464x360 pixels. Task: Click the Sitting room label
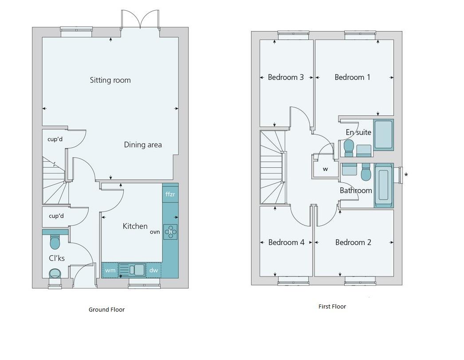pyautogui.click(x=110, y=80)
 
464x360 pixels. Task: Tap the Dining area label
pyautogui.click(x=143, y=145)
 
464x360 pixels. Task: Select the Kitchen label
pyautogui.click(x=135, y=226)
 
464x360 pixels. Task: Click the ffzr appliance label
pyautogui.click(x=170, y=194)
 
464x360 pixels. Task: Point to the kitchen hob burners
pyautogui.click(x=170, y=232)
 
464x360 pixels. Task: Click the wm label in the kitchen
pyautogui.click(x=110, y=270)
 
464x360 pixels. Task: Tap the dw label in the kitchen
pyautogui.click(x=153, y=270)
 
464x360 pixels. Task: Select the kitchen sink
pyautogui.click(x=132, y=270)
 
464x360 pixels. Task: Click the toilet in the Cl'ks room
pyautogui.click(x=55, y=241)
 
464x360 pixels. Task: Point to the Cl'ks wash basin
pyautogui.click(x=55, y=273)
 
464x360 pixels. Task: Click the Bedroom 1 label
pyautogui.click(x=352, y=77)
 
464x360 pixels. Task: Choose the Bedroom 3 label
pyautogui.click(x=286, y=77)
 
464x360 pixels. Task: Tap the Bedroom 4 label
pyautogui.click(x=286, y=242)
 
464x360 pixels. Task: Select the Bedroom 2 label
pyautogui.click(x=353, y=242)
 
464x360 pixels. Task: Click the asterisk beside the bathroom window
pyautogui.click(x=406, y=175)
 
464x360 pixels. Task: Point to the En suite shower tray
pyautogui.click(x=384, y=135)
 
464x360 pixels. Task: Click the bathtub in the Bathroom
pyautogui.click(x=384, y=186)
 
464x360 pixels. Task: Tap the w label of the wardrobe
pyautogui.click(x=325, y=169)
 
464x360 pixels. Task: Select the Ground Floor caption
pyautogui.click(x=106, y=310)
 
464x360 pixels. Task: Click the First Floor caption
pyautogui.click(x=332, y=307)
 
